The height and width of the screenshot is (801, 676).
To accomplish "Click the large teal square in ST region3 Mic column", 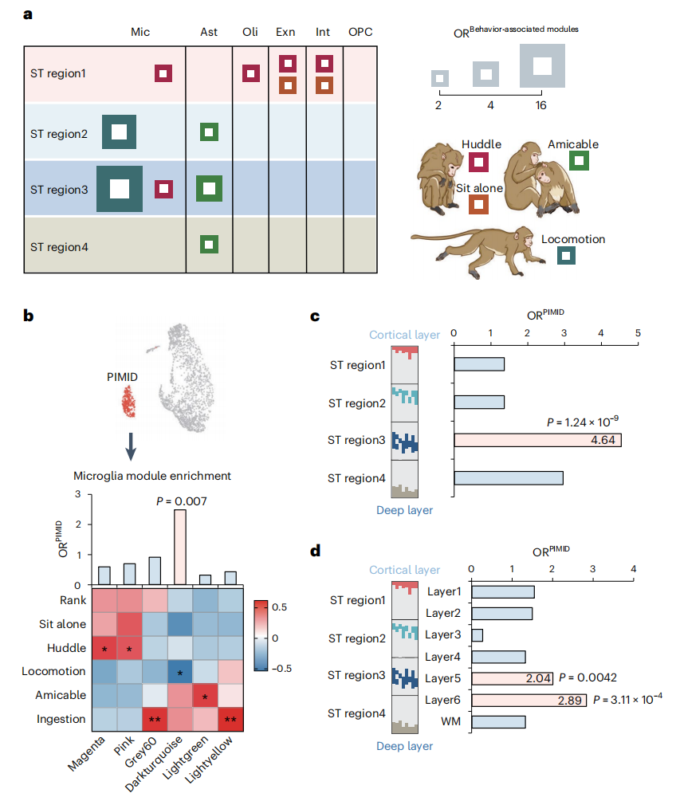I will point(120,189).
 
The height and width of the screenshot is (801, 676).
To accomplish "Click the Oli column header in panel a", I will point(250,32).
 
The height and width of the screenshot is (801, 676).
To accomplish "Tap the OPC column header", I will point(360,32).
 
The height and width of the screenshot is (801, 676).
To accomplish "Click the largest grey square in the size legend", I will point(542,65).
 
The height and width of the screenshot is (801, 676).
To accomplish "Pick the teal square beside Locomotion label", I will point(566,256).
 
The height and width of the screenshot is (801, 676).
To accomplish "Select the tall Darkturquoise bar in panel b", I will point(180,547).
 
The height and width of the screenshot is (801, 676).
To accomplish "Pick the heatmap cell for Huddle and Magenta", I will point(104,649).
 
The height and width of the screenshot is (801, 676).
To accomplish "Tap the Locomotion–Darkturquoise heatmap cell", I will point(180,673).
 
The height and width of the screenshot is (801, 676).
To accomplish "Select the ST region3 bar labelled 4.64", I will point(538,440).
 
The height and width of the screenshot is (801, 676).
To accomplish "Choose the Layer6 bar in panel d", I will point(529,701).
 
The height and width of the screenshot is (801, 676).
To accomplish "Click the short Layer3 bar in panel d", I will point(477,635).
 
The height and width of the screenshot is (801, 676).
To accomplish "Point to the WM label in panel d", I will point(450,722).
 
